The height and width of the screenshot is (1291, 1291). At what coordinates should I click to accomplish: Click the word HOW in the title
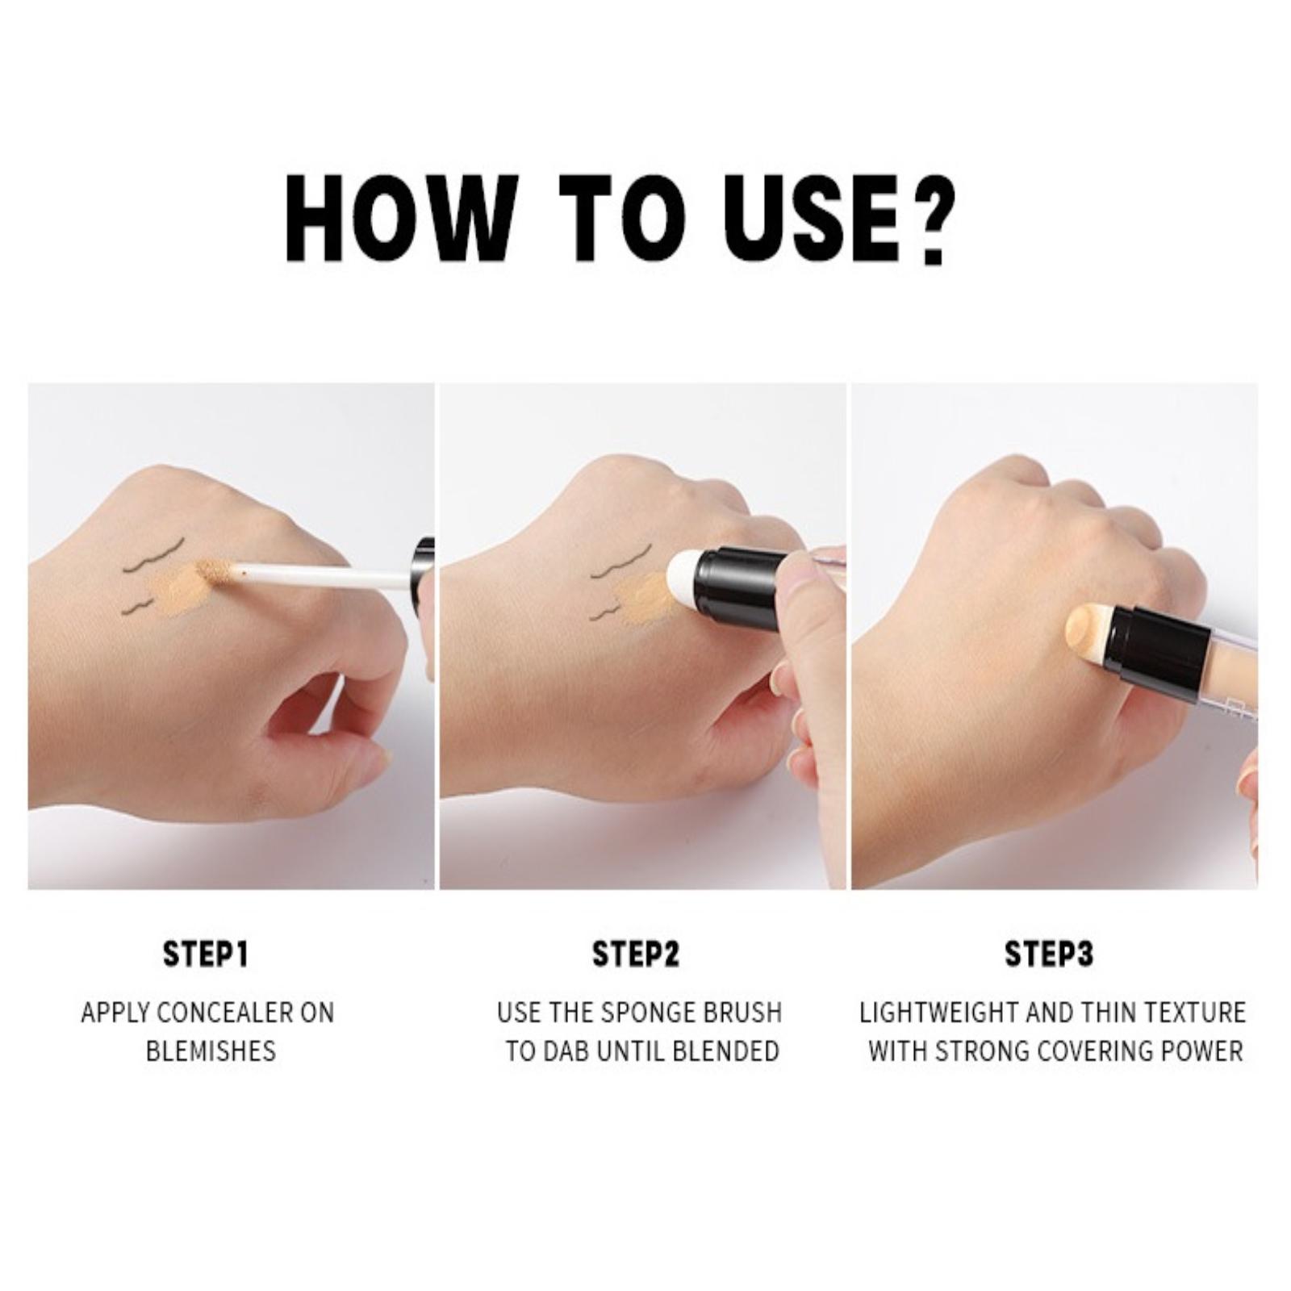pyautogui.click(x=400, y=219)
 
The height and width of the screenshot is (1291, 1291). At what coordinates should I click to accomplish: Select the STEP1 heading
pyautogui.click(x=206, y=954)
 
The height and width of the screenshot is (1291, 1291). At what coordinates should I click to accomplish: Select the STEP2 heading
pyautogui.click(x=636, y=954)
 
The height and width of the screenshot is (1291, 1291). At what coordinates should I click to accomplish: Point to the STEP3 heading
pyautogui.click(x=1049, y=954)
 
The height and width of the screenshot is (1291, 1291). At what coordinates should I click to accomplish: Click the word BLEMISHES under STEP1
pyautogui.click(x=211, y=1051)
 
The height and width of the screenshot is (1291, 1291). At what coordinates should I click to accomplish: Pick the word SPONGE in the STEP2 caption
pyautogui.click(x=661, y=1013)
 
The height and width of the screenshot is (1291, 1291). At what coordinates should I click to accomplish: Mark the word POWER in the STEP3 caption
pyautogui.click(x=1201, y=1051)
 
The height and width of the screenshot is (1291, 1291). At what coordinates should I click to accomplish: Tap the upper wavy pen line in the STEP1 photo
pyautogui.click(x=153, y=555)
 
